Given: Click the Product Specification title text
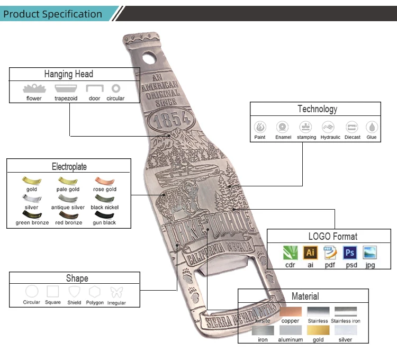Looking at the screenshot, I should click(x=52, y=14).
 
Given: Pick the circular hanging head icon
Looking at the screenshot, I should click(x=115, y=88).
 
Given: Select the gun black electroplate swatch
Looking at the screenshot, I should click(x=104, y=214).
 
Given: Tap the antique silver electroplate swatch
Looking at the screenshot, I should click(x=67, y=198).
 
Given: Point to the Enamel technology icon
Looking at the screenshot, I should click(x=283, y=127).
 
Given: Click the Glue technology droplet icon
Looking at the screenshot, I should click(x=372, y=127).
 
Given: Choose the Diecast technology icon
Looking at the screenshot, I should click(x=352, y=127).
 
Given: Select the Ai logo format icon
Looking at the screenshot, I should click(x=311, y=253).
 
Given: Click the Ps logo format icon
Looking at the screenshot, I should click(x=349, y=253).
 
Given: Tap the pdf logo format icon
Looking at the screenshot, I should click(x=330, y=253).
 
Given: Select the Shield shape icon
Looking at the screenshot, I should click(x=74, y=292).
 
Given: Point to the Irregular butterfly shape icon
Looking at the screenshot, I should click(x=116, y=292).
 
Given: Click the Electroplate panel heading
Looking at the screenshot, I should click(x=69, y=166).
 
